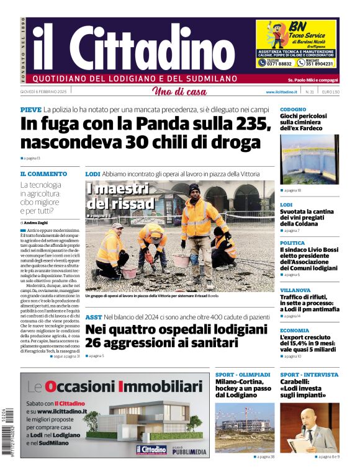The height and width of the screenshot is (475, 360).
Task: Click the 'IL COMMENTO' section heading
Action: click(43, 174)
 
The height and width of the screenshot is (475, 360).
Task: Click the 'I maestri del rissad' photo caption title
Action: click(120, 195)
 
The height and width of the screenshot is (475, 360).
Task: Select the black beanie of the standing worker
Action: click(194, 188)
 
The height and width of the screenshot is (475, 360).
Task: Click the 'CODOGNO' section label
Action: click(293, 109)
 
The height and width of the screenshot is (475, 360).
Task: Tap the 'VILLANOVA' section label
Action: click(295, 290)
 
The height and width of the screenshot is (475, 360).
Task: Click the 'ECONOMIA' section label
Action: click(294, 331)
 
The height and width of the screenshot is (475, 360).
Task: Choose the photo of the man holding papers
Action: click(309, 428)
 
